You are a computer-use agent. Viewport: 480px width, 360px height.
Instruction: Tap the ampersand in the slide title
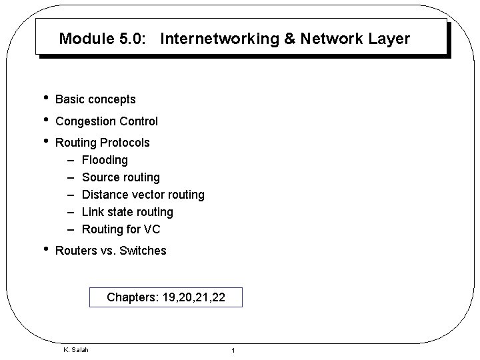point(290,39)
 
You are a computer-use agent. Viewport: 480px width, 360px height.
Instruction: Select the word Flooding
point(105,160)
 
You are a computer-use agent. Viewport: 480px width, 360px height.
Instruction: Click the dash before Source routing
point(71,177)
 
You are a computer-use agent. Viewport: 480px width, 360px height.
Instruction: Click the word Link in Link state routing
point(92,212)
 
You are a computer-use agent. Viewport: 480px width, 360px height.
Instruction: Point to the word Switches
point(143,251)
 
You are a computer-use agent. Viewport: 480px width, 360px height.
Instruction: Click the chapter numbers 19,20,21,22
point(193,297)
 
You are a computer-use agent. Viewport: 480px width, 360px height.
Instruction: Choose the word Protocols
point(125,143)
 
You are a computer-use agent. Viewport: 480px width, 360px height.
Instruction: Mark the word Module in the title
point(83,39)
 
